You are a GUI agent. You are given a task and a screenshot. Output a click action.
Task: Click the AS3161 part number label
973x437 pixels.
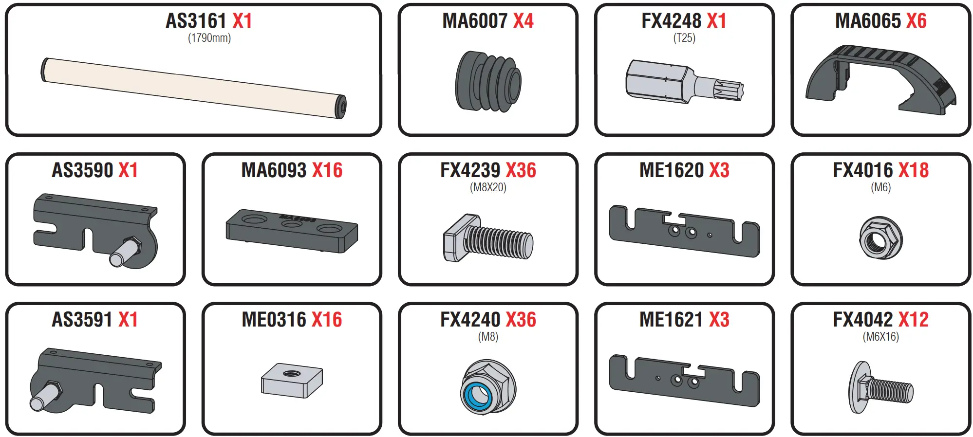(196, 21)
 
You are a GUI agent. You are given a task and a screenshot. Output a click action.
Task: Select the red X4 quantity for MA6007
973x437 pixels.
(523, 21)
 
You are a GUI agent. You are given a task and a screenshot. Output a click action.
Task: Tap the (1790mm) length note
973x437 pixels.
(209, 38)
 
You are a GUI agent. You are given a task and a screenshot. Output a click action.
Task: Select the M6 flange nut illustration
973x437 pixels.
(880, 238)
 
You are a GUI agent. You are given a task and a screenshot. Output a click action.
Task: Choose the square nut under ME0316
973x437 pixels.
(292, 380)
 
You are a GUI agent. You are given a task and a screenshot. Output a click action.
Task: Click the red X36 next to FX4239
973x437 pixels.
(521, 170)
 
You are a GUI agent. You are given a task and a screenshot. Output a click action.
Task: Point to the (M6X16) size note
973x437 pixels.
(880, 337)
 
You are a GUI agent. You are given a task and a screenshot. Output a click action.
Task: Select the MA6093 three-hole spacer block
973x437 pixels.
(292, 231)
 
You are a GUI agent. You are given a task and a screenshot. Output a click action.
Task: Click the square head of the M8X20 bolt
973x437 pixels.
(455, 238)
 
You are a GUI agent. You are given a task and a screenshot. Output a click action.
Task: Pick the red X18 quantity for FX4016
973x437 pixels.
(913, 170)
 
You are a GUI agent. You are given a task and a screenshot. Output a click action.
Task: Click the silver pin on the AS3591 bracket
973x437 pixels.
(44, 397)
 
